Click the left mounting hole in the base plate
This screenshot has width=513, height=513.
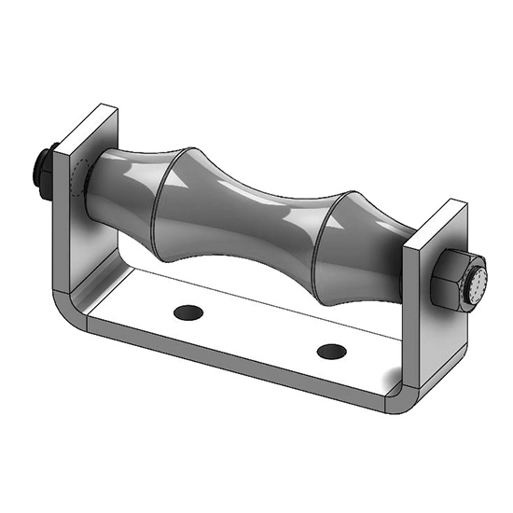tap(187, 310)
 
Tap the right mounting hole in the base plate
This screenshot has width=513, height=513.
tap(330, 351)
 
